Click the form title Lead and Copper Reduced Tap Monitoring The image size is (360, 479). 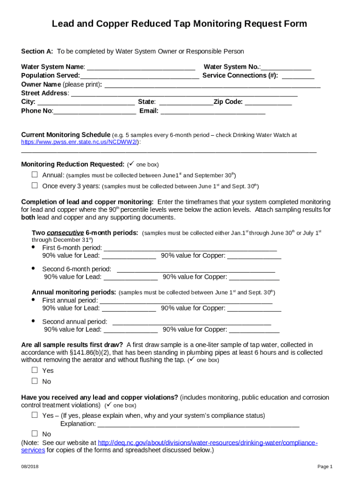point(180,24)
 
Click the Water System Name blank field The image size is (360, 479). point(141,67)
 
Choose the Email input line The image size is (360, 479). point(213,111)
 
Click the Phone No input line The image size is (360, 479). point(95,111)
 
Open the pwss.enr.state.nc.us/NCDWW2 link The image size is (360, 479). point(79,142)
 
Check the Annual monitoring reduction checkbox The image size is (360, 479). point(35,174)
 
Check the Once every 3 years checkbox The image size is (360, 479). point(35,185)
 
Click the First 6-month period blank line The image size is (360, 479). point(190,248)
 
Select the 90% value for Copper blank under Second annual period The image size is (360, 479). point(254,330)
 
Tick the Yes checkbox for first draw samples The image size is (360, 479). point(35,370)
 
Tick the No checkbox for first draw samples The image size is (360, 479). point(35,381)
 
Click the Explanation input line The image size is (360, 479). point(198,424)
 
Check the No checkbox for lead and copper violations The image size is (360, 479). point(35,434)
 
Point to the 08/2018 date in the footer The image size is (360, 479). point(29,467)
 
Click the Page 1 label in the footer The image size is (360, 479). point(324,467)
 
